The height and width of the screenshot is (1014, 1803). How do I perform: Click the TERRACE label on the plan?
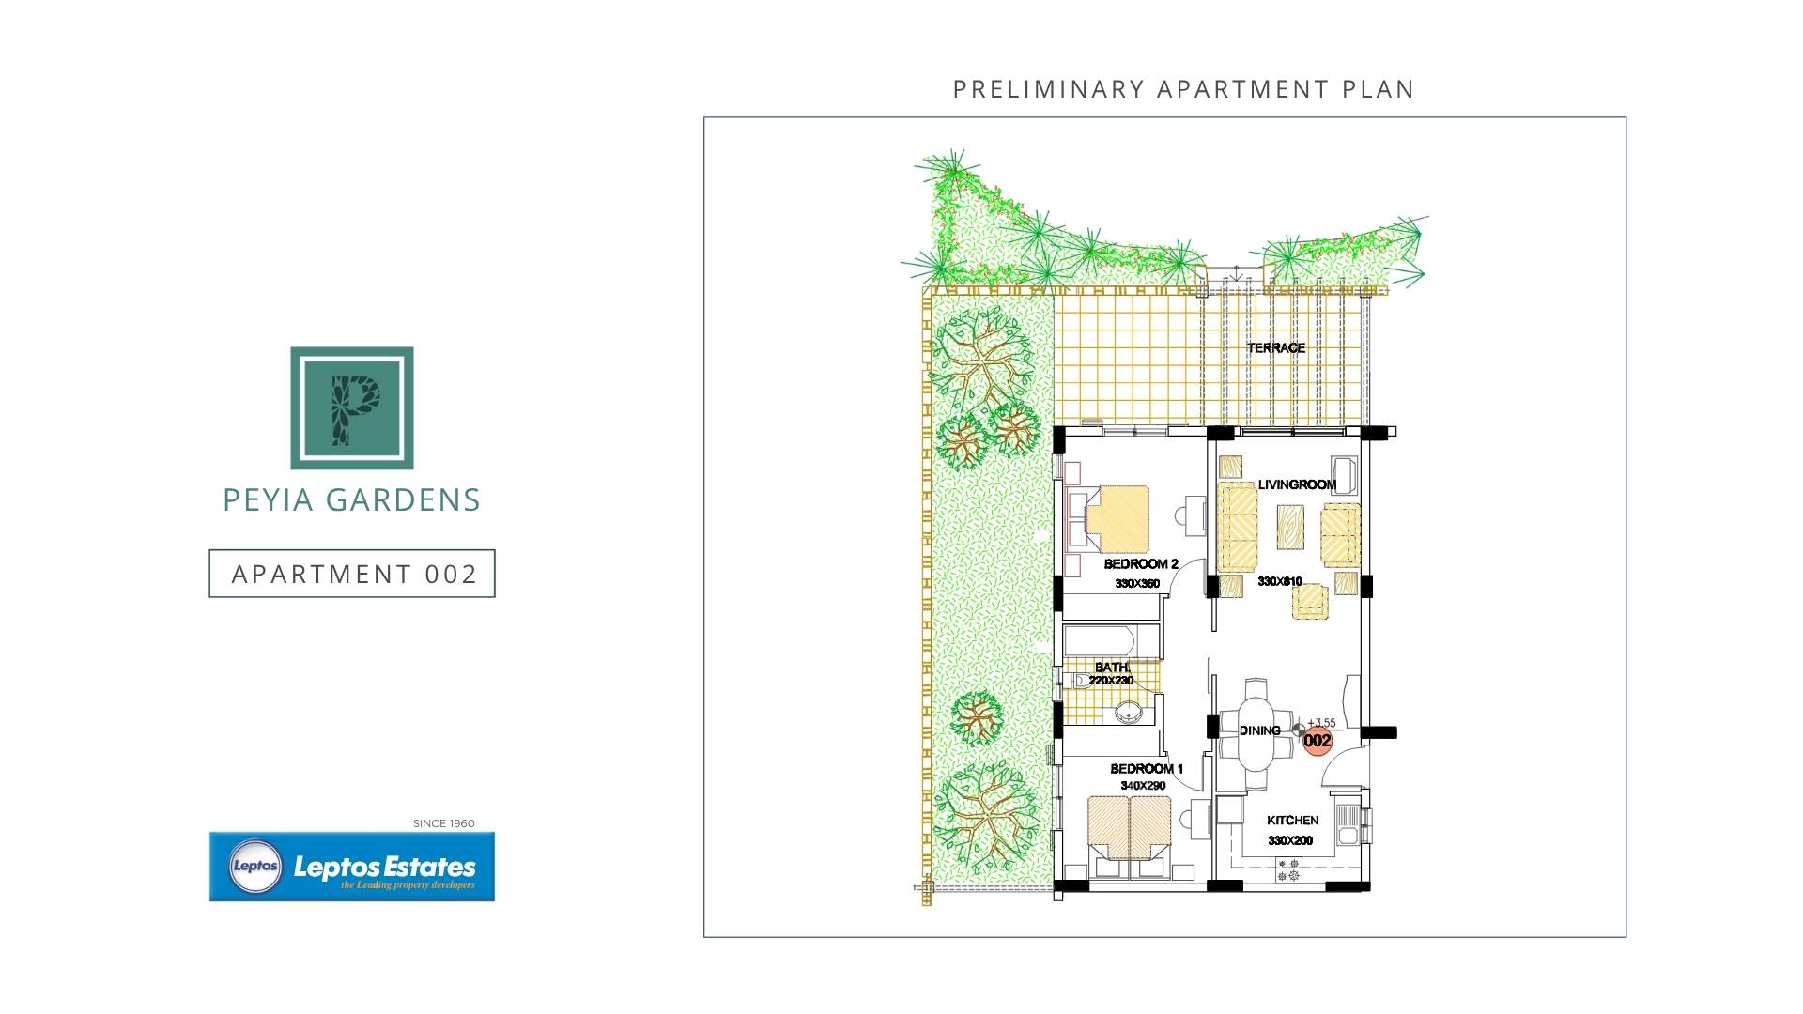click(x=1276, y=347)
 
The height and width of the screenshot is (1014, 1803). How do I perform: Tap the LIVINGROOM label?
click(x=1297, y=484)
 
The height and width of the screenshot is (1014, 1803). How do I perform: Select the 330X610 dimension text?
click(x=1280, y=581)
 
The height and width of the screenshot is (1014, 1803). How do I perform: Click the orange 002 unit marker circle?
click(x=1318, y=741)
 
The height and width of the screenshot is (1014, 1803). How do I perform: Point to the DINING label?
click(x=1259, y=730)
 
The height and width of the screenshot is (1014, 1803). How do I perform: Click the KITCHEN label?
click(x=1293, y=821)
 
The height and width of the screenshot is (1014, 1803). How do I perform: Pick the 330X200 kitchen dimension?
click(x=1290, y=840)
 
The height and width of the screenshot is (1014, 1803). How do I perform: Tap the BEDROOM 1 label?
click(x=1147, y=769)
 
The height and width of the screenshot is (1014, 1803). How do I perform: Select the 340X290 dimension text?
click(x=1143, y=786)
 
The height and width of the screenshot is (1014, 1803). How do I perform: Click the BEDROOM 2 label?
click(x=1141, y=564)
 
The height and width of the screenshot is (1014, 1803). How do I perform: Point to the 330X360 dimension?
click(x=1137, y=584)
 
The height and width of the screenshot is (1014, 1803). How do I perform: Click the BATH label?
click(x=1113, y=668)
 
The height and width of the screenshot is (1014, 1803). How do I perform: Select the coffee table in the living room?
click(x=1290, y=528)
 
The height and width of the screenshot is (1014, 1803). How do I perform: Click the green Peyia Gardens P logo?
click(x=352, y=407)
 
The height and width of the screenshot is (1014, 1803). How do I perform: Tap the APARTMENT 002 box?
click(x=352, y=574)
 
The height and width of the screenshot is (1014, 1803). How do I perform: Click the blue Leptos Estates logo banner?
click(x=352, y=867)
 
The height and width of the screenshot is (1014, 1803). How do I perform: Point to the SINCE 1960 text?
click(x=444, y=823)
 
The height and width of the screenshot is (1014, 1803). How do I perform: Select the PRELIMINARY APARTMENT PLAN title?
click(x=1183, y=89)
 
